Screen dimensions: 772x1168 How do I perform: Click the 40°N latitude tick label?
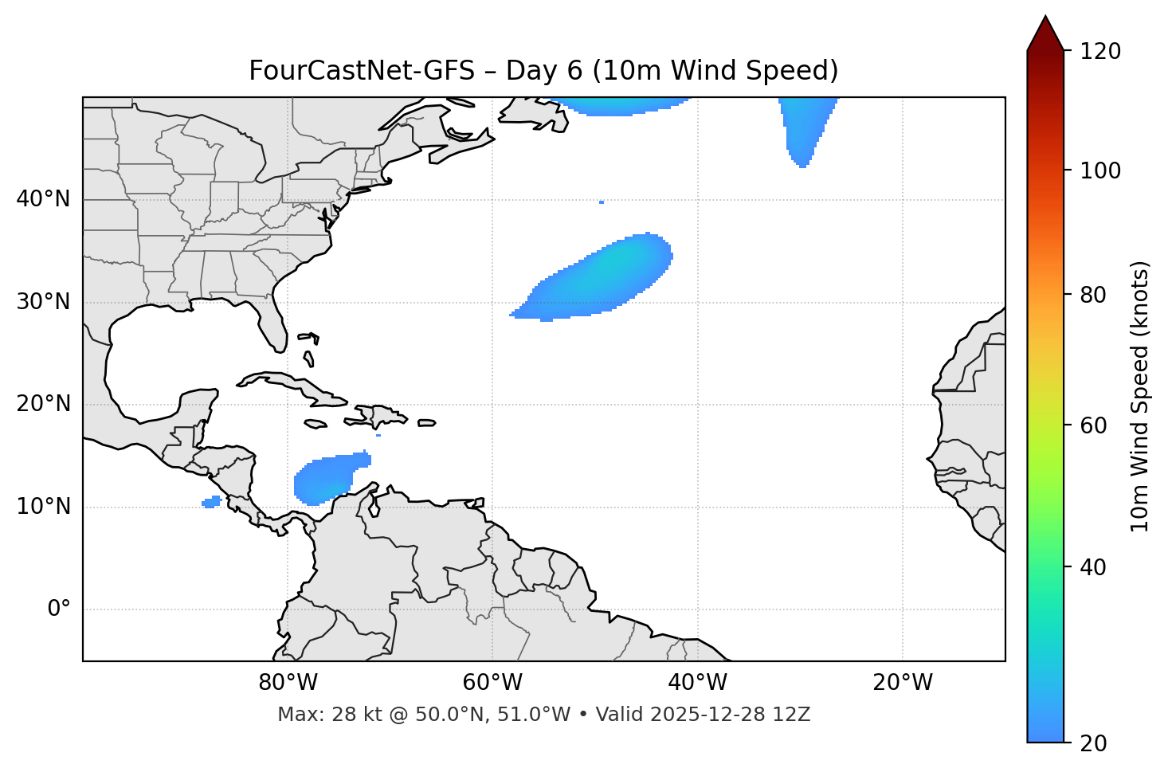(x=43, y=199)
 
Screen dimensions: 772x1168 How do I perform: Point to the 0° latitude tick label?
(x=59, y=609)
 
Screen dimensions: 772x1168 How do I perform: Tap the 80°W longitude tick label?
(x=288, y=683)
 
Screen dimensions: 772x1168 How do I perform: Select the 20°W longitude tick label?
(x=903, y=683)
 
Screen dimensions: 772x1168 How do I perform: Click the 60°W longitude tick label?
(x=492, y=683)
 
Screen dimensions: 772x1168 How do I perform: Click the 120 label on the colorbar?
(x=1099, y=52)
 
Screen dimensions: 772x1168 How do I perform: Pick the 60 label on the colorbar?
(x=1094, y=425)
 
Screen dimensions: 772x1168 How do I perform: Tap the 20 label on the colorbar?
(x=1094, y=743)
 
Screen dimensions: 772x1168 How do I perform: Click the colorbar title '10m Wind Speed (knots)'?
(x=1140, y=396)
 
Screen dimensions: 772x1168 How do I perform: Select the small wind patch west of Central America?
(x=211, y=502)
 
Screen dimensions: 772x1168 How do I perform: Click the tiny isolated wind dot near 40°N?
(x=601, y=202)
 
